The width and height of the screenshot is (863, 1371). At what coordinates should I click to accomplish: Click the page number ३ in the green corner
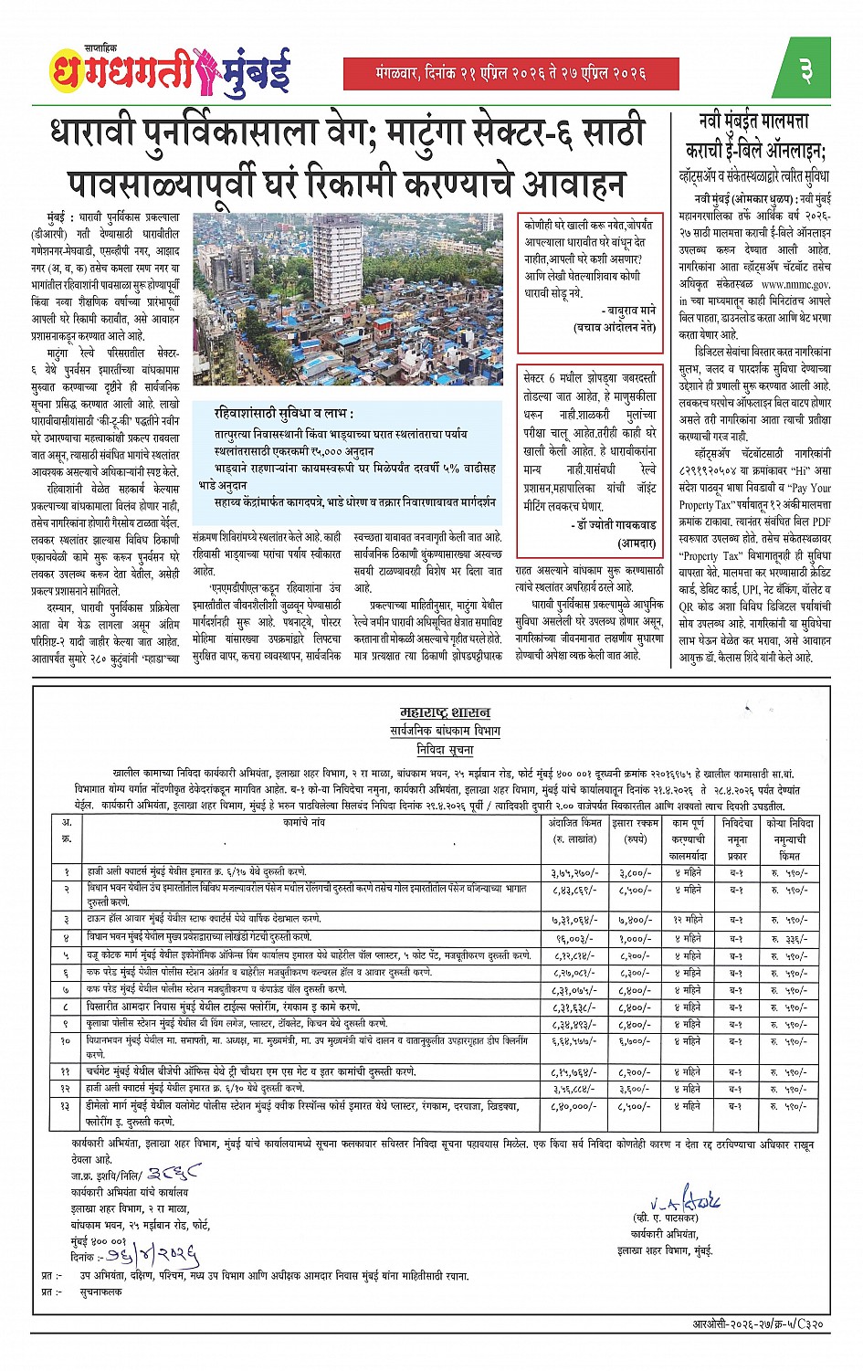(x=807, y=70)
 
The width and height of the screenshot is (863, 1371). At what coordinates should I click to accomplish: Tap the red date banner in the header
(x=510, y=73)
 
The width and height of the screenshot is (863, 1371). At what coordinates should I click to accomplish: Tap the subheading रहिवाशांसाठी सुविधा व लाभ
(x=284, y=414)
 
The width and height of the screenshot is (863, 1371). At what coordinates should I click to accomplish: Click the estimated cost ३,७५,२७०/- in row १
(x=574, y=873)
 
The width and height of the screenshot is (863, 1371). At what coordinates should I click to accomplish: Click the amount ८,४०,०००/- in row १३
(x=574, y=1106)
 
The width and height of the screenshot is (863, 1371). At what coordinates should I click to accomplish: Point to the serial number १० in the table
(x=66, y=1040)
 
